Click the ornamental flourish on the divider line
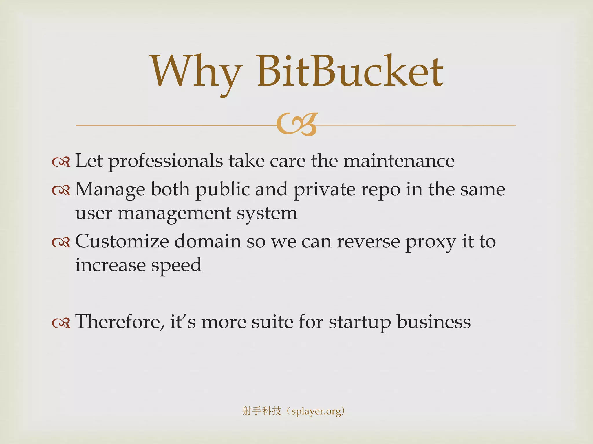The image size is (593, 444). click(297, 125)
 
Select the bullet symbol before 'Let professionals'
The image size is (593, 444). click(61, 162)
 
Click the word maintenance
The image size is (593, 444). click(399, 161)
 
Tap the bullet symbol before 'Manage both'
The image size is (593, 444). click(61, 190)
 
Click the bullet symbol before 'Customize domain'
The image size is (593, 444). click(61, 243)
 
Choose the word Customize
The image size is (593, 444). click(122, 242)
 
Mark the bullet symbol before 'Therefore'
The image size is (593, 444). click(61, 323)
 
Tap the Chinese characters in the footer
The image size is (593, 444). click(262, 411)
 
